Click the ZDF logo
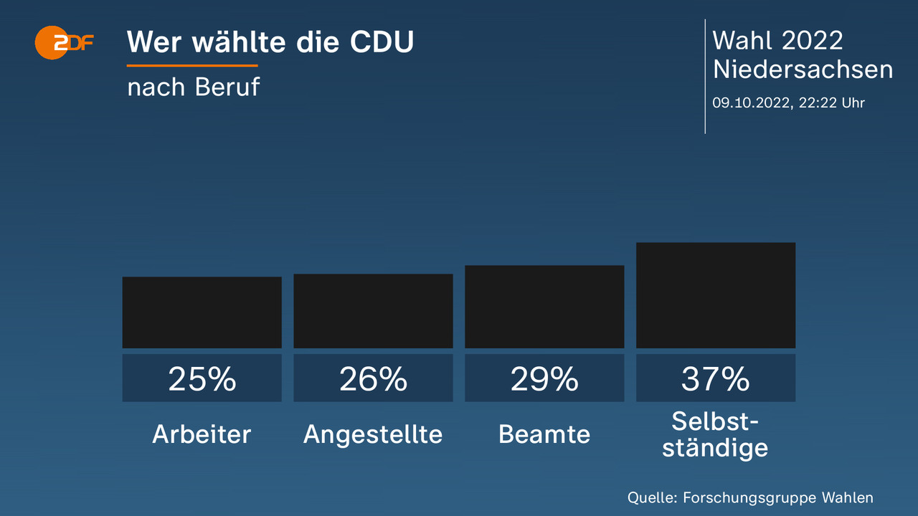pos(65,42)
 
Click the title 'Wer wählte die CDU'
pos(270,42)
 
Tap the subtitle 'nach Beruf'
pos(193,87)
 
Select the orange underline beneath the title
pos(192,66)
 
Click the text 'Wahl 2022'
pos(777,40)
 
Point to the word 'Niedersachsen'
pos(803,70)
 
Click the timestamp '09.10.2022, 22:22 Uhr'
pos(788,102)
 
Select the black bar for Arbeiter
pos(202,312)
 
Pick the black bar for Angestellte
pos(373,311)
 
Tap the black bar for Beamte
pos(544,307)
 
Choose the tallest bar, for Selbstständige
pos(716,295)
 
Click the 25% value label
pos(202,378)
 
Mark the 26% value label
pos(373,378)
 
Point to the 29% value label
pos(544,378)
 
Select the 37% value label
pos(716,378)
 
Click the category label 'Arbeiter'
pos(202,434)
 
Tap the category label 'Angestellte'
pos(373,434)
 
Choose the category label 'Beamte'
pos(544,434)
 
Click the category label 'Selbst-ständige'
pos(715,434)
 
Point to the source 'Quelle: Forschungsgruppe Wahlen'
pos(750,497)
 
